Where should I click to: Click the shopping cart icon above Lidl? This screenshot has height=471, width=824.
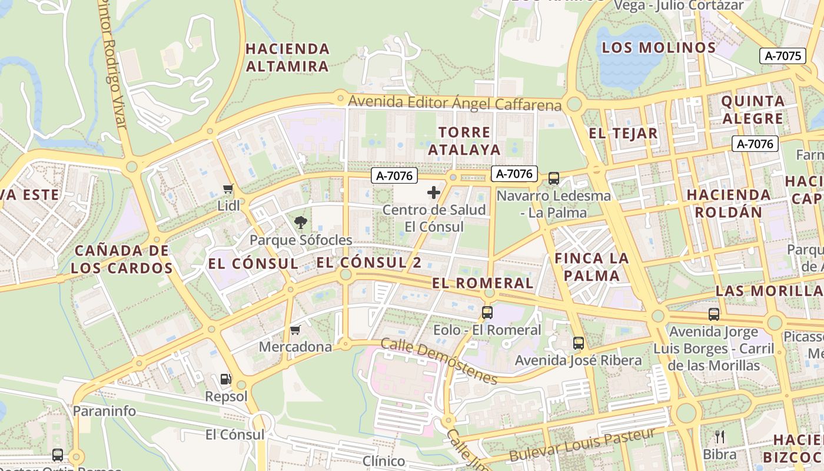pos(228,189)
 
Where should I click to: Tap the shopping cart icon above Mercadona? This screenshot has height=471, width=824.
pos(295,330)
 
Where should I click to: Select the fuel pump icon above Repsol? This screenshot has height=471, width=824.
pos(225,379)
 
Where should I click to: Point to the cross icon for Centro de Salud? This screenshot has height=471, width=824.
pos(434,193)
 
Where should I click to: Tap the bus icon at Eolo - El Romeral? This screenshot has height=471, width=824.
pos(487,313)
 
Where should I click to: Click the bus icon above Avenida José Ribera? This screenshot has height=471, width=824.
pos(579,343)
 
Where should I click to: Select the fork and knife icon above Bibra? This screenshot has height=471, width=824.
pos(719,437)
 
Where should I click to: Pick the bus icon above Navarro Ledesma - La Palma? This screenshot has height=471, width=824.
pos(553,178)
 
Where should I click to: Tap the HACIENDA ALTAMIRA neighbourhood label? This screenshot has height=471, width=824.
pos(287,57)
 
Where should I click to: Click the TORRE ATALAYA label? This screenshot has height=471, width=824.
pos(464,141)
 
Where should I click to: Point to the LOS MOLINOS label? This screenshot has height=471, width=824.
pos(659,48)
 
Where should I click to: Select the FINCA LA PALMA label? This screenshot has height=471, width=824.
pos(592,267)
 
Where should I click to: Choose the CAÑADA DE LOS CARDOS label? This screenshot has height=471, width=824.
pos(122,260)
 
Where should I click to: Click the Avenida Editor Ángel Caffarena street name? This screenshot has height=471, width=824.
pos(454,103)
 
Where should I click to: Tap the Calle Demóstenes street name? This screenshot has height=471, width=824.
pos(439,360)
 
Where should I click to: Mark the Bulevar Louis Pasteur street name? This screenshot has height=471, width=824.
pos(582,445)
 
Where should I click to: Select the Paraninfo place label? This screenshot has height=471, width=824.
pos(104,411)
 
